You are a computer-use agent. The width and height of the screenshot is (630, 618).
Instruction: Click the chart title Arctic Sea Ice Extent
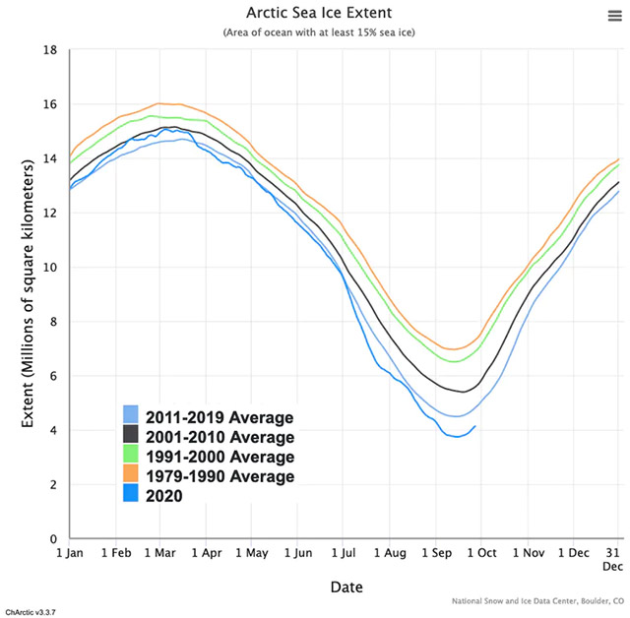click(x=315, y=14)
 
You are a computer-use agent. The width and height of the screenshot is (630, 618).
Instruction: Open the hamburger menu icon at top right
click(x=614, y=15)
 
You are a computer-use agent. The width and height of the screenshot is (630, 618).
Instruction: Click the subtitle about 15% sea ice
click(x=315, y=32)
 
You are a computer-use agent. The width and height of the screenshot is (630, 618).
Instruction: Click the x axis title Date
click(x=345, y=587)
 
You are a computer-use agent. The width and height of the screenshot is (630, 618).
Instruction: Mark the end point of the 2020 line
click(x=475, y=426)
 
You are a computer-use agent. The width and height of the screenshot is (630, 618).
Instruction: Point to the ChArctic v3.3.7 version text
click(x=31, y=611)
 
